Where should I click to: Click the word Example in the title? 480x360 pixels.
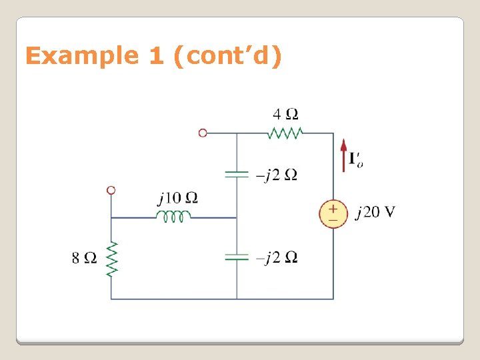tap(81, 56)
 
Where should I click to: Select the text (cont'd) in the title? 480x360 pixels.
tap(227, 56)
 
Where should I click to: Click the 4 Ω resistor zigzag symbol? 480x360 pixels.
tap(285, 133)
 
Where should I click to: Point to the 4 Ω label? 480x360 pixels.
tap(285, 113)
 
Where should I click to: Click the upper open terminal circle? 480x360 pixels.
tap(203, 133)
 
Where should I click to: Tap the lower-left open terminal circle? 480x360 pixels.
tap(111, 190)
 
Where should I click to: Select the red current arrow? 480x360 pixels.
tap(343, 155)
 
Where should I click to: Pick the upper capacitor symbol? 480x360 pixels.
tap(237, 175)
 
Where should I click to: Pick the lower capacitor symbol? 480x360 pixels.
tap(237, 257)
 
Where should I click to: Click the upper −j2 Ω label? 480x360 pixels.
tap(277, 175)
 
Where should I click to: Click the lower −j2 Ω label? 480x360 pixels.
tap(277, 258)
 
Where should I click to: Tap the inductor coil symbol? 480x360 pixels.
tap(173, 216)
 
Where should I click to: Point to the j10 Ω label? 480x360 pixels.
tap(177, 198)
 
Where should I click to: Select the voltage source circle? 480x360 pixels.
tap(333, 214)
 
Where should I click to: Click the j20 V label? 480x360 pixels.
tap(375, 213)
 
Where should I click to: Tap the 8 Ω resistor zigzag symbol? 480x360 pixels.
tap(111, 258)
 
